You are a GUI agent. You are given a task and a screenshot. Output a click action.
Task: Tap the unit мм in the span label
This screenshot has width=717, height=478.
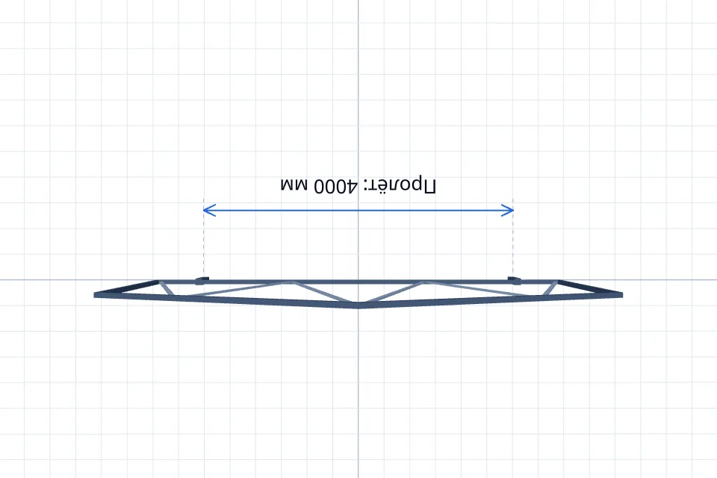pos(294,184)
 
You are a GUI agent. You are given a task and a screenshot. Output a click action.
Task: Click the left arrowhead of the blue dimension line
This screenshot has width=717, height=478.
pos(209,211)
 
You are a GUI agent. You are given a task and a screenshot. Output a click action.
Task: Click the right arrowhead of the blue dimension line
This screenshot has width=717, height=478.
pos(508,211)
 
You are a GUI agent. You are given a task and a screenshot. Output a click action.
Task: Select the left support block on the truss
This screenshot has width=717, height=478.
pos(202,280)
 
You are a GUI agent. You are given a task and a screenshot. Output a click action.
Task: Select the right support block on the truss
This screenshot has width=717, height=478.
pos(515,280)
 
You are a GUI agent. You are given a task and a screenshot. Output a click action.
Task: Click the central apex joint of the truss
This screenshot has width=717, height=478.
pos(358,305)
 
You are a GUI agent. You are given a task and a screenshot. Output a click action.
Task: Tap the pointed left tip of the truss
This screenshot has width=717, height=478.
pos(95,295)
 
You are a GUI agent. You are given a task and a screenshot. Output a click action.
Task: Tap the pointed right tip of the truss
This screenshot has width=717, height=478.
pos(622,295)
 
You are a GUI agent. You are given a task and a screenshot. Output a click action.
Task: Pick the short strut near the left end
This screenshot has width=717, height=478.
pos(166,288)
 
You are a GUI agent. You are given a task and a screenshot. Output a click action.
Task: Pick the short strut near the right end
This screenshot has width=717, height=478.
pos(550,288)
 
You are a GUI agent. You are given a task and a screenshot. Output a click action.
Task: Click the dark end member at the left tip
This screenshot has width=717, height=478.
pos(126,288)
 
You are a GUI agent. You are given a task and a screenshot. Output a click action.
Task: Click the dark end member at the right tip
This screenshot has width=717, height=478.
pos(590,288)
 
